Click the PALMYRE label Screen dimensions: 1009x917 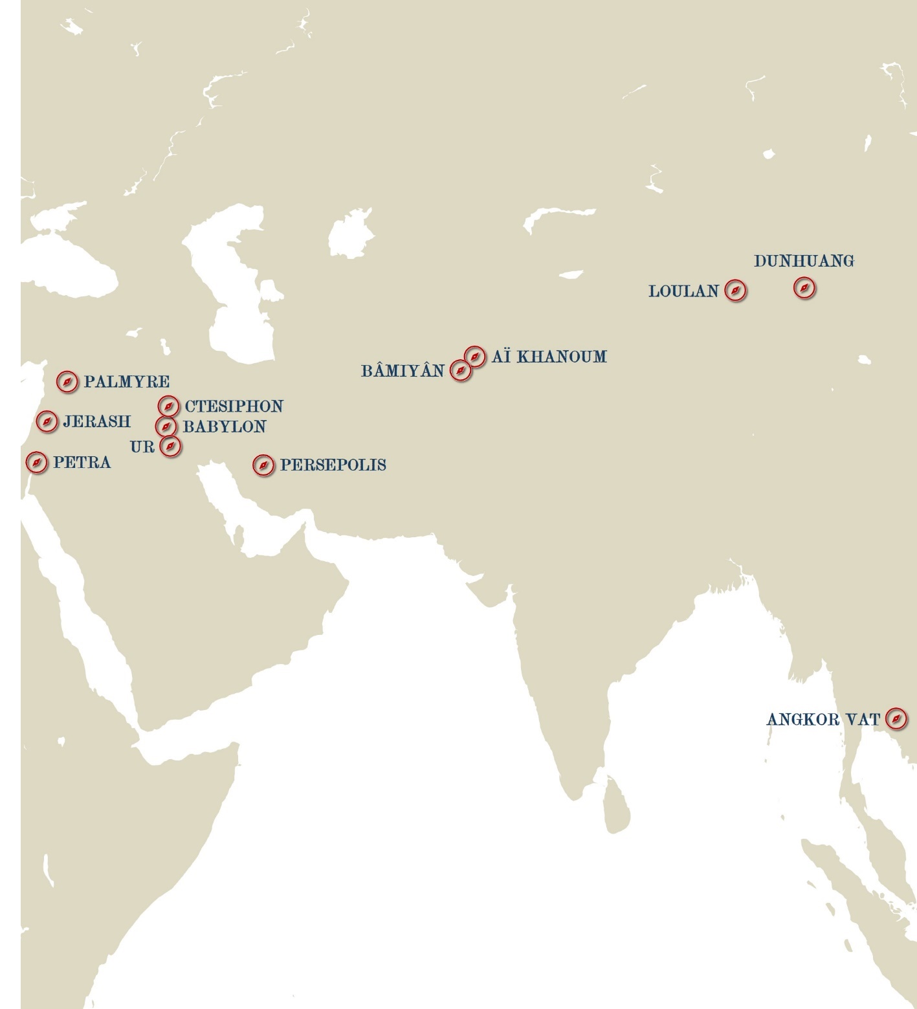point(126,382)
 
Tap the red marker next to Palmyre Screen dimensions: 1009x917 point(67,383)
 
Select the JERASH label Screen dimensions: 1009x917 point(96,422)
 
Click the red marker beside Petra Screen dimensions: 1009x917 point(37,462)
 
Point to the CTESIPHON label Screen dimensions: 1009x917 point(234,406)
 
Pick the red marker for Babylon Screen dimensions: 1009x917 point(166,427)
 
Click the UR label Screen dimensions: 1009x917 point(142,447)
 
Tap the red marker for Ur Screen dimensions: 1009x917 point(170,446)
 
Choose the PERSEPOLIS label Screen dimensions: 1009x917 point(333,465)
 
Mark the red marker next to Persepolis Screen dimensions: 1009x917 point(263,465)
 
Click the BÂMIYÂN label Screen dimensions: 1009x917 point(403,371)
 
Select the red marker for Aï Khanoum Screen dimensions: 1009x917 point(475,357)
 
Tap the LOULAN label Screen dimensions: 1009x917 point(683,291)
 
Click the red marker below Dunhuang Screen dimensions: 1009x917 point(804,288)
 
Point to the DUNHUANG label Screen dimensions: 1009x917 point(804,261)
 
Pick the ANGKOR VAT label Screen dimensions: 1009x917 point(823,720)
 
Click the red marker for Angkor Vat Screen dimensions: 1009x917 point(896,718)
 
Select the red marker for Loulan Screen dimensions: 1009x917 point(735,291)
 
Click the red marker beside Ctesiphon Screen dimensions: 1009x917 point(168,406)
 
